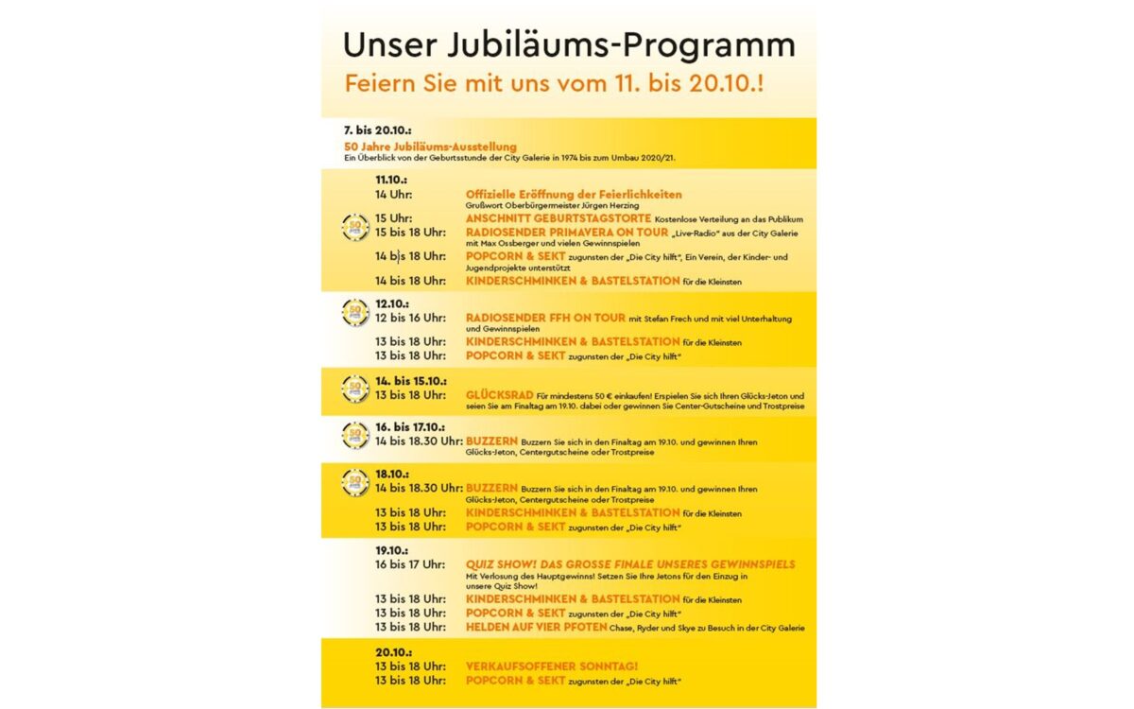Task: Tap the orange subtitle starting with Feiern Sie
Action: (x=554, y=82)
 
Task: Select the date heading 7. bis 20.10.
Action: (x=377, y=129)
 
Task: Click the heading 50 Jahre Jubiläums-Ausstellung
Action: (x=431, y=147)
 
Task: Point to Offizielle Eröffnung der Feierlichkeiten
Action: (x=574, y=195)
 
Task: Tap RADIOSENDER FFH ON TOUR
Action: (x=545, y=318)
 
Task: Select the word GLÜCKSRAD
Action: (x=498, y=395)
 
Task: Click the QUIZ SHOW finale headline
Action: (x=630, y=564)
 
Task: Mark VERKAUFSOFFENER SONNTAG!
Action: (x=552, y=666)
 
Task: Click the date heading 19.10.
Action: (x=391, y=549)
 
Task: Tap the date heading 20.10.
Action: (x=391, y=652)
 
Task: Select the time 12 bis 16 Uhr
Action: (x=410, y=319)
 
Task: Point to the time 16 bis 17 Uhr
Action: (x=410, y=564)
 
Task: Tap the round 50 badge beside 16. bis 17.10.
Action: (x=355, y=435)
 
